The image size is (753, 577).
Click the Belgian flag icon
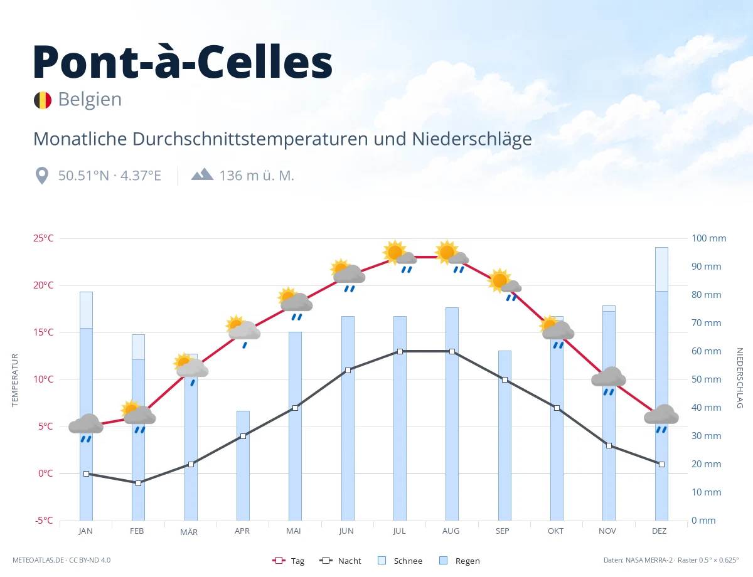click(43, 100)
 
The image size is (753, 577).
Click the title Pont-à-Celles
click(183, 61)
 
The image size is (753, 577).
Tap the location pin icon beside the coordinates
click(42, 176)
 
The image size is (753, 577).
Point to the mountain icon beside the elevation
click(203, 174)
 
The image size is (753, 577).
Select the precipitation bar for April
click(243, 465)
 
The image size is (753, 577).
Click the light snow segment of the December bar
click(661, 269)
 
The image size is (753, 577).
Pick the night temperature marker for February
click(138, 483)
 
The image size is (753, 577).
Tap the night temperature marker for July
click(400, 352)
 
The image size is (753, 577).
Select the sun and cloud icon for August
click(452, 256)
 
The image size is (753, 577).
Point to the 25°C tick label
click(43, 238)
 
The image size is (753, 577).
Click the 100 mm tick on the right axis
click(708, 238)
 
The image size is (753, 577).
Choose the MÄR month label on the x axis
click(189, 532)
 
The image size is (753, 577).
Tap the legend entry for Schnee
click(400, 561)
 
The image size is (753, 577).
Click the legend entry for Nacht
click(340, 561)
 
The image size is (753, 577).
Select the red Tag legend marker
click(279, 560)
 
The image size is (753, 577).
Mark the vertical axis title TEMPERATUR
click(14, 380)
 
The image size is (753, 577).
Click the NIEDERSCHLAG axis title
click(740, 378)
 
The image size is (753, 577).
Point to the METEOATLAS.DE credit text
click(38, 560)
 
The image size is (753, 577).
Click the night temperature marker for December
click(661, 464)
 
